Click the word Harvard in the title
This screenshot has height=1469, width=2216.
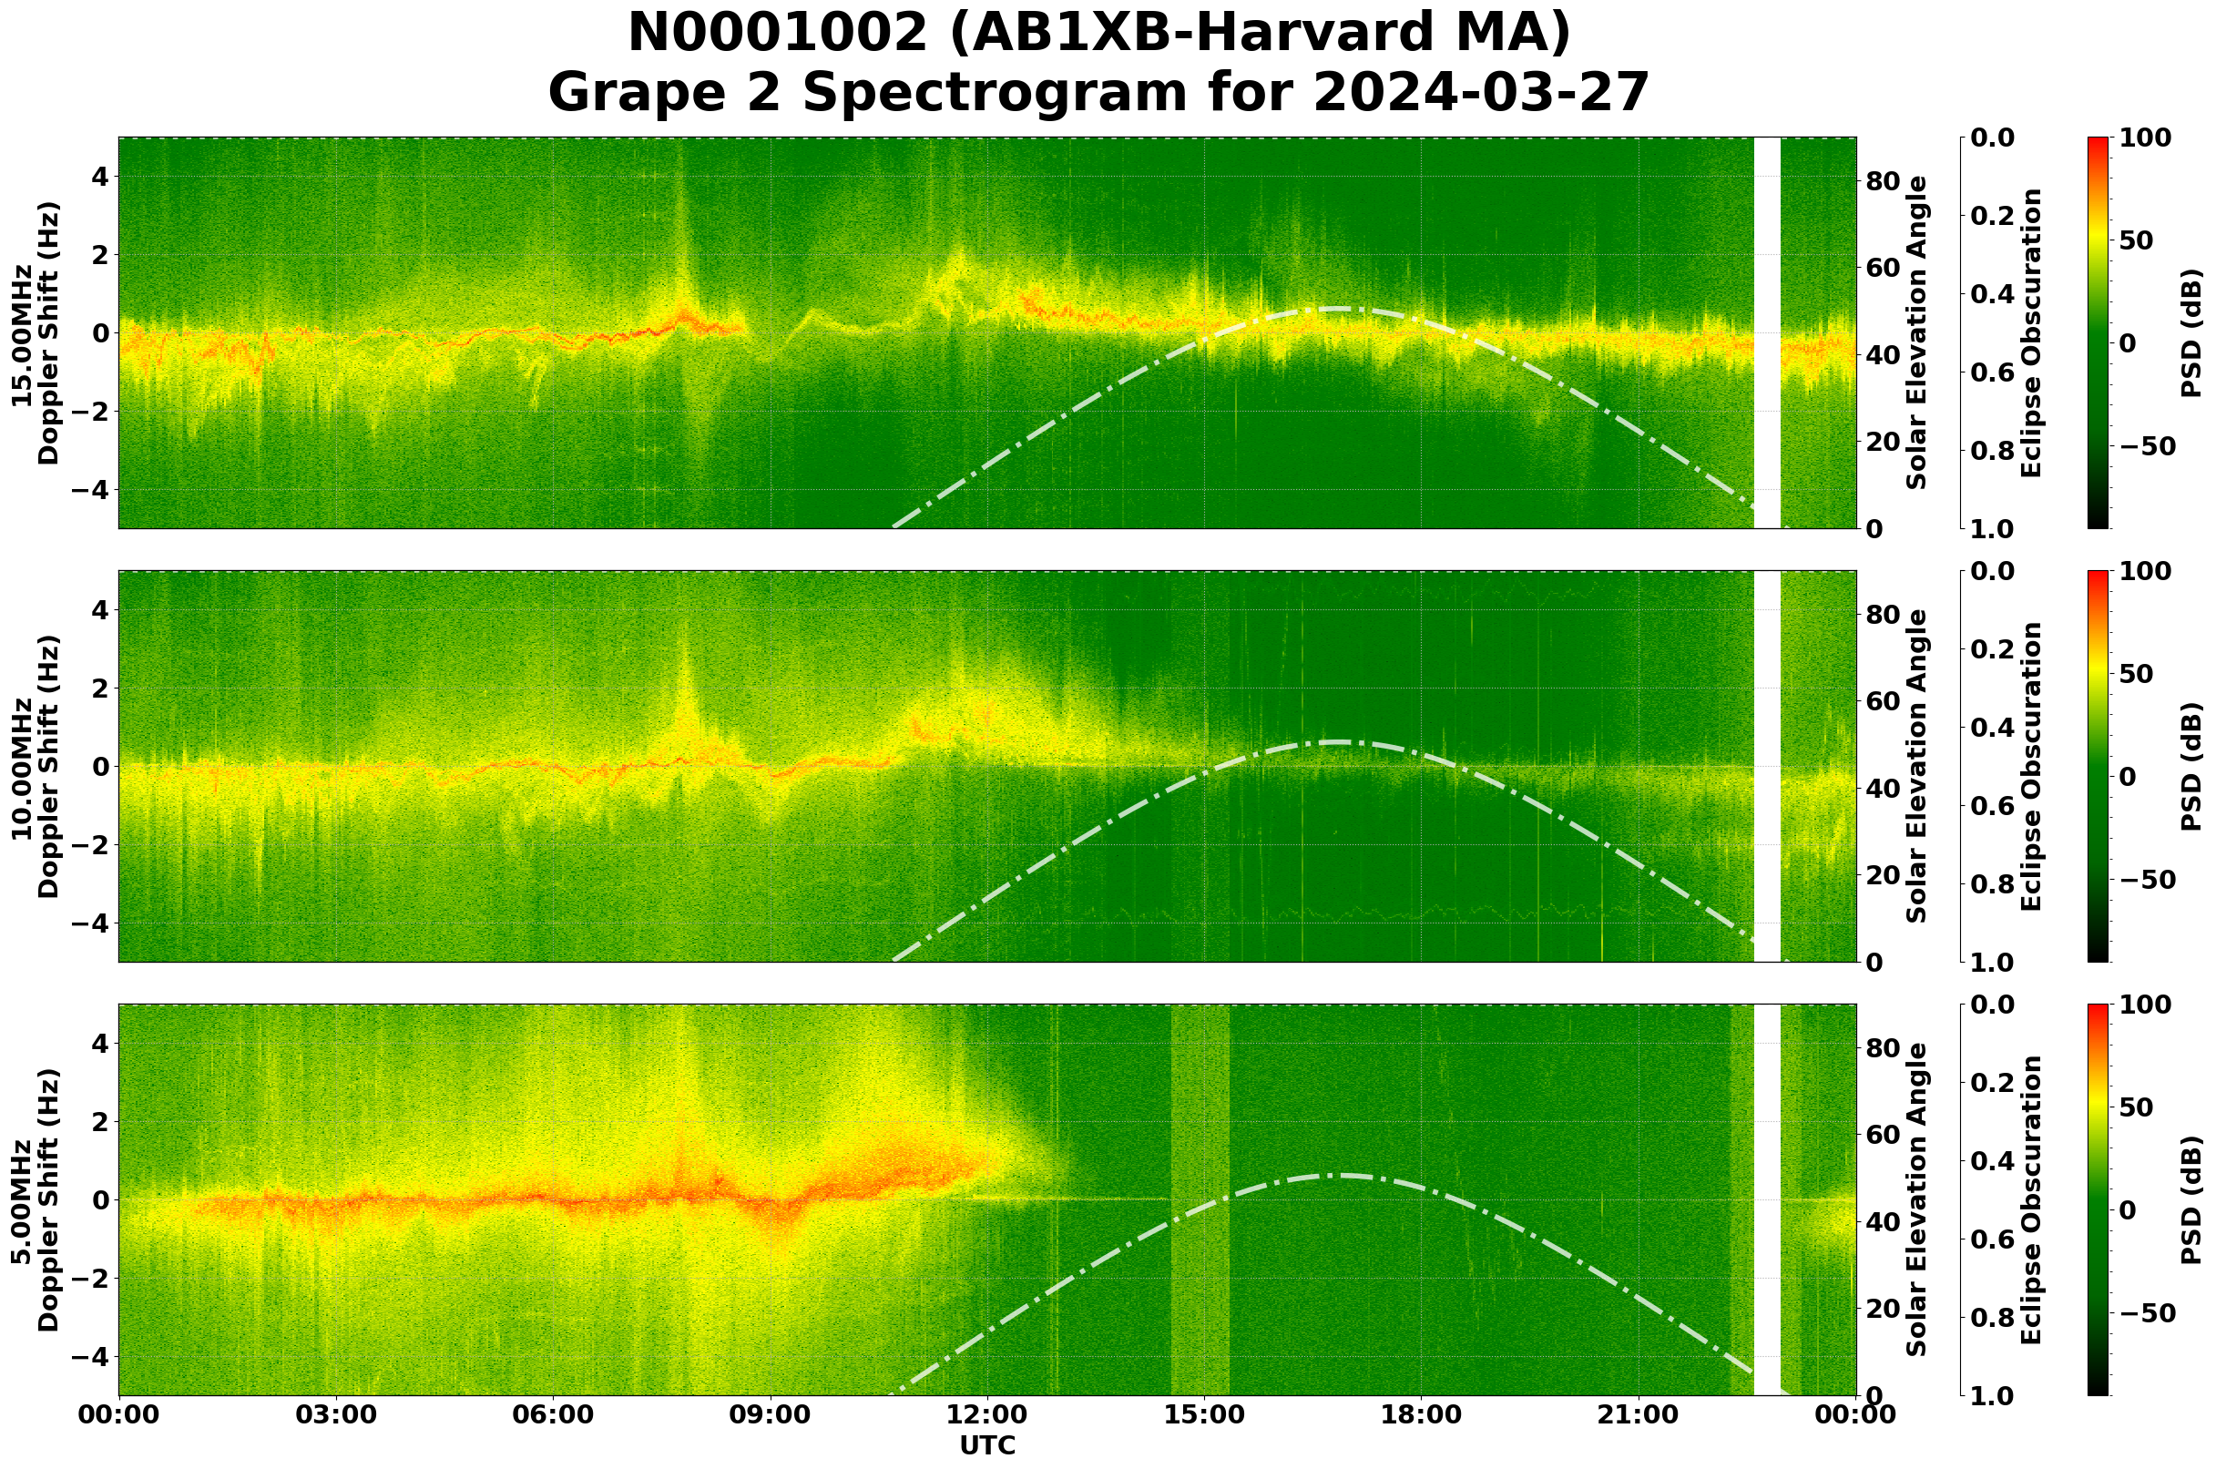pyautogui.click(x=1251, y=34)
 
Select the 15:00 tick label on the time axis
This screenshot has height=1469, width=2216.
pyautogui.click(x=1204, y=1414)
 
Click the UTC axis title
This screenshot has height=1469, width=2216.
pyautogui.click(x=987, y=1445)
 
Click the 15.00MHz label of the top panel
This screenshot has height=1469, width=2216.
pyautogui.click(x=22, y=334)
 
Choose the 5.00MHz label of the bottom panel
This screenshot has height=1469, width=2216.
pyautogui.click(x=22, y=1201)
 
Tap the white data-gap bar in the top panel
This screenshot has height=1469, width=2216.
pyautogui.click(x=1766, y=332)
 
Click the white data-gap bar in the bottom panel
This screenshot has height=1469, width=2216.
pyautogui.click(x=1766, y=1200)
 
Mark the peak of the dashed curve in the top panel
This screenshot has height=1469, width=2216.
pyautogui.click(x=1335, y=308)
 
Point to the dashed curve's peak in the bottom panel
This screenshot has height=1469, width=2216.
pyautogui.click(x=1335, y=1175)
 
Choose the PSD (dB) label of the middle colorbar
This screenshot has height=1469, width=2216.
pyautogui.click(x=2190, y=766)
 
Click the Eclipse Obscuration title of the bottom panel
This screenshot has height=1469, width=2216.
pyautogui.click(x=2030, y=1200)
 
